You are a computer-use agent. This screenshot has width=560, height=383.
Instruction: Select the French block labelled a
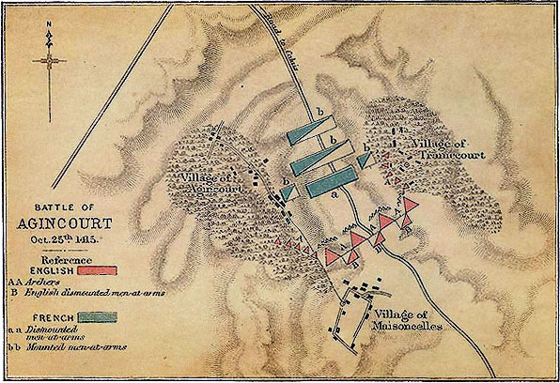[x=329, y=183]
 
